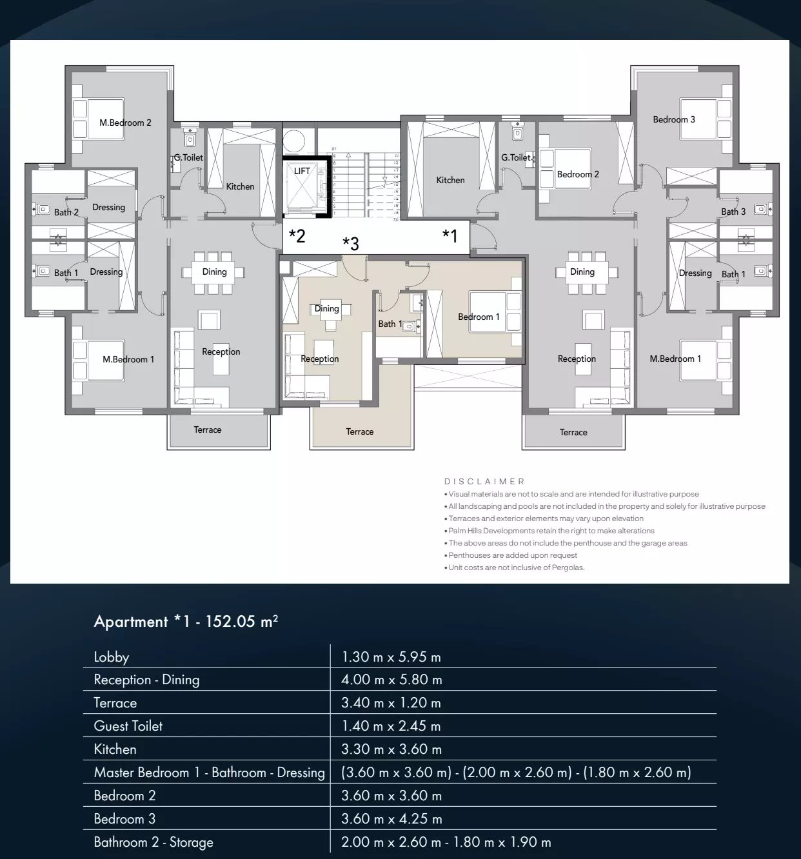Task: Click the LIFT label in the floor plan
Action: click(302, 171)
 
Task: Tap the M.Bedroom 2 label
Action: click(125, 123)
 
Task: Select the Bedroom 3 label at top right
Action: click(674, 119)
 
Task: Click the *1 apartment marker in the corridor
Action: click(450, 235)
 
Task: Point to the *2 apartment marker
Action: click(297, 235)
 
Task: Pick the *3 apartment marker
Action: click(350, 243)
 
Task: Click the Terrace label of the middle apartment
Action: click(359, 431)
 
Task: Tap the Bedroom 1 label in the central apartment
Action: click(479, 317)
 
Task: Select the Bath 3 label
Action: click(733, 212)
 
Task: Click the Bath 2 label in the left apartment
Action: click(66, 212)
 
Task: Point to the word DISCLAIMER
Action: click(484, 481)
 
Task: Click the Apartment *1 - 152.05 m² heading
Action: click(186, 622)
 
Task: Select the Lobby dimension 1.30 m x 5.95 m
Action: click(391, 657)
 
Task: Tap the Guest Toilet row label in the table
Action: click(128, 726)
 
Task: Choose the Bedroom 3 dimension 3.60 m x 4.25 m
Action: click(391, 819)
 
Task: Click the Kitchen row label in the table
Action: click(115, 749)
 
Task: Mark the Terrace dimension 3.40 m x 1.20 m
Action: click(391, 703)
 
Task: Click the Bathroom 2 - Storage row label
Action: click(153, 842)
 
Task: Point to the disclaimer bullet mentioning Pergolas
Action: click(516, 568)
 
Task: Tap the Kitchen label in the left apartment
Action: click(240, 186)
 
